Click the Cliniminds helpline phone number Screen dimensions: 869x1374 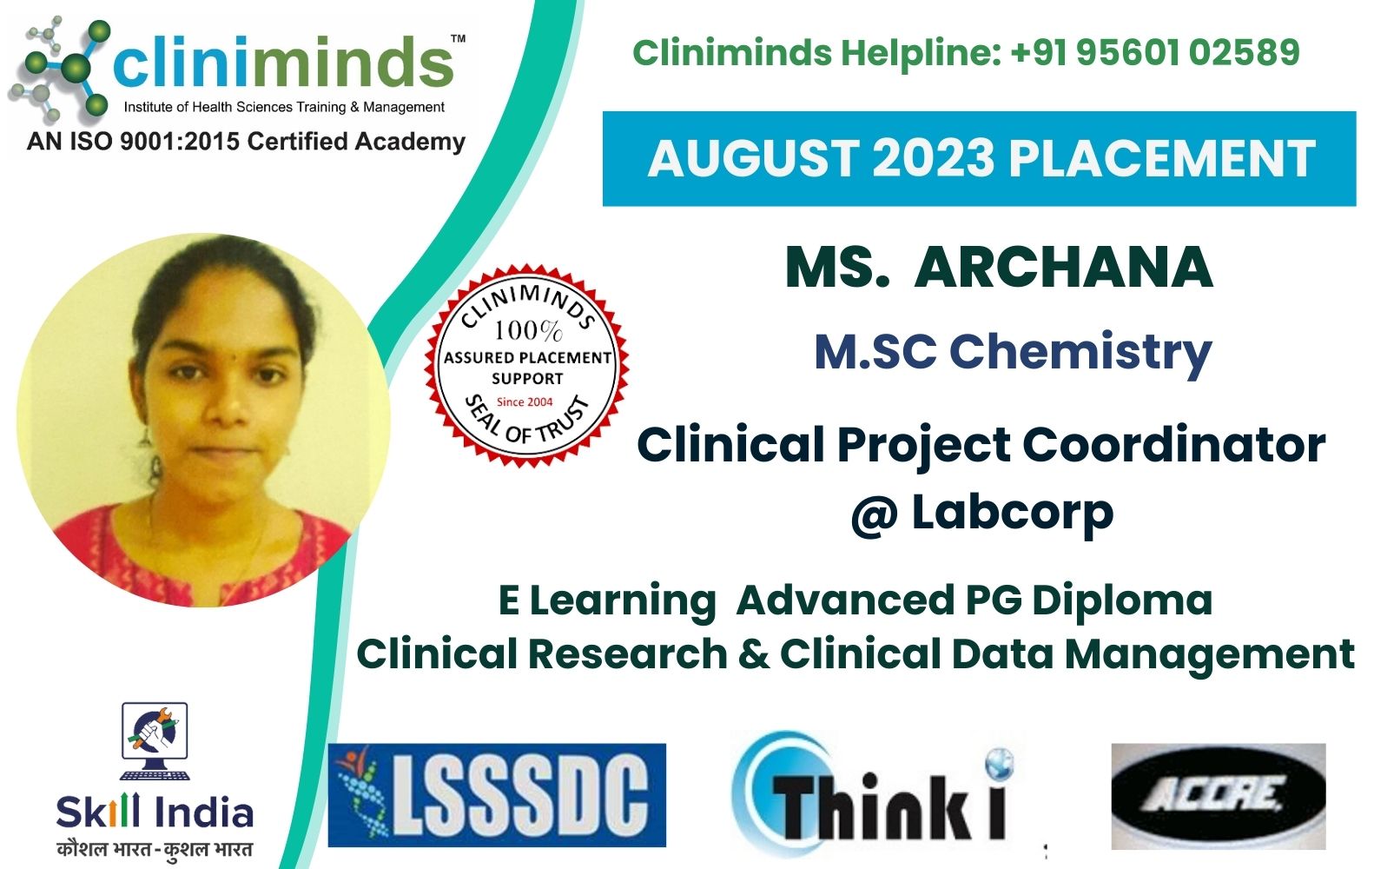pos(1155,52)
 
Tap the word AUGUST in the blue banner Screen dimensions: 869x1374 pos(752,159)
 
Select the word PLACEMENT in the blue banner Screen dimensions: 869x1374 pos(1162,159)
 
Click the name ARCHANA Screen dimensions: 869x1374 pos(1063,267)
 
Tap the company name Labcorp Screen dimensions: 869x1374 pos(1012,512)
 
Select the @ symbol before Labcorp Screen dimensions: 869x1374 pos(873,514)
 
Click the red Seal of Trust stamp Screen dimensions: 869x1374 pos(526,366)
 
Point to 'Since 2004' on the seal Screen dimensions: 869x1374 pos(525,401)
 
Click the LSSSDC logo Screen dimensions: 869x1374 pos(497,795)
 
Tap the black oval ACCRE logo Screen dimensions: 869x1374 pos(1218,795)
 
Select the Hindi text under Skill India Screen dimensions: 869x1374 pos(155,848)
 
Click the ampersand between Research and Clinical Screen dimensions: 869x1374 pos(753,653)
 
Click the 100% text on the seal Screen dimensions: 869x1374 pos(527,330)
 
